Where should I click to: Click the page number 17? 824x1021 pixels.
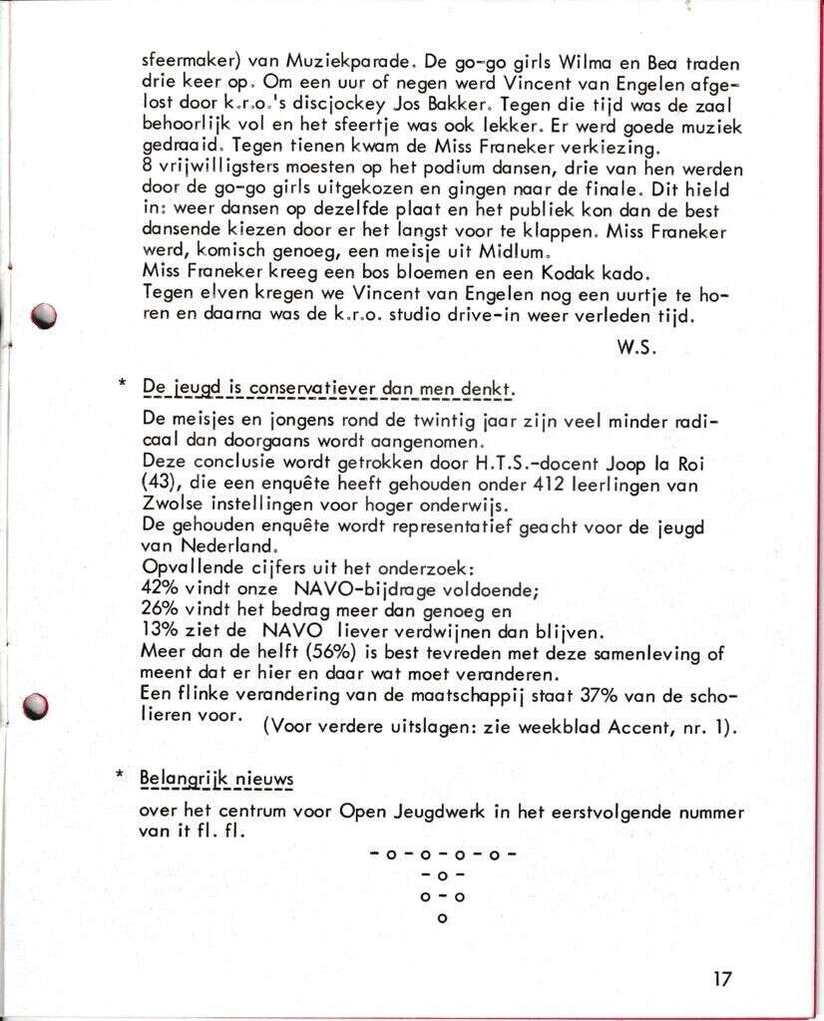(723, 977)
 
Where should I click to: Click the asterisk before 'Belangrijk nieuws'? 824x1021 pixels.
(121, 776)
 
